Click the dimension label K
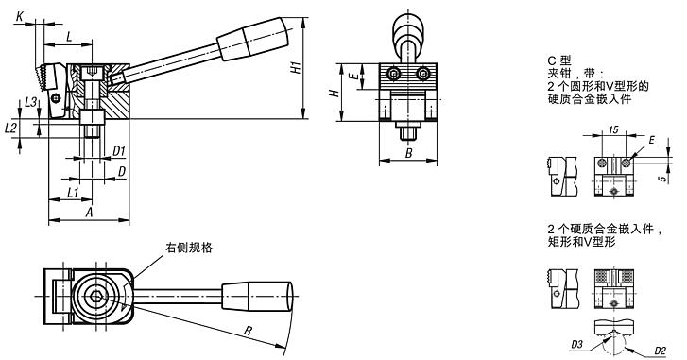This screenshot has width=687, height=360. click(x=20, y=17)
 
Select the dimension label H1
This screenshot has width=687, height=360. click(x=297, y=67)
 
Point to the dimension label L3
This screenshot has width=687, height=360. click(x=30, y=102)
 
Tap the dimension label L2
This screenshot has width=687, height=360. click(x=10, y=128)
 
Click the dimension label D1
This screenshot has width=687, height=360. click(x=119, y=151)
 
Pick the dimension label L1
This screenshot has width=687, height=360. click(x=73, y=192)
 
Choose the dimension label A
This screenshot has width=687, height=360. click(x=90, y=213)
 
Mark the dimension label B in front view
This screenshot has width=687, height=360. click(x=408, y=153)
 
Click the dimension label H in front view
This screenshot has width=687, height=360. click(x=335, y=94)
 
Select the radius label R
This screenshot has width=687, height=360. click(x=248, y=331)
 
